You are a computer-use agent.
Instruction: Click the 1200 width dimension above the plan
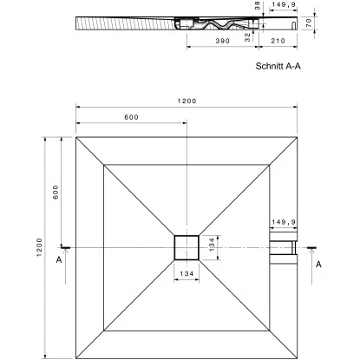click(x=187, y=101)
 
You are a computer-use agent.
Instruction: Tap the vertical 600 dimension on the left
click(x=54, y=193)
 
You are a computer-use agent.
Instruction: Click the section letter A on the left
click(x=59, y=259)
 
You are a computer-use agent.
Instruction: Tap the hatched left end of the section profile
click(x=95, y=22)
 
